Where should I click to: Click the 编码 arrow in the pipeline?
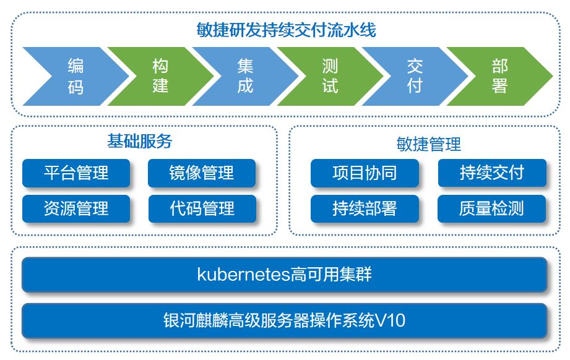[76, 76]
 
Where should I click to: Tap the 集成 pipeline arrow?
[245, 76]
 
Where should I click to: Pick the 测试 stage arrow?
[330, 76]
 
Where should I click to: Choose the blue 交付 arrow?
[415, 76]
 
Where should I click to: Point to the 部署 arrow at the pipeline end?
[499, 76]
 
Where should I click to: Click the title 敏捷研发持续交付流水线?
[286, 30]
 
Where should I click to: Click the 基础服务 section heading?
[140, 141]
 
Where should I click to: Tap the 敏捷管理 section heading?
[429, 144]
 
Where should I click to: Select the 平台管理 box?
[76, 173]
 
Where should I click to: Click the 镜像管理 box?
[202, 173]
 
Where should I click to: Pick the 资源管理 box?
[76, 208]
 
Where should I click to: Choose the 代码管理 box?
[202, 208]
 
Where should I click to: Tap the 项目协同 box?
[365, 173]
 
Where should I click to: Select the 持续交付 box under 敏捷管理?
[492, 173]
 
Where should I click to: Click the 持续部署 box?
[365, 208]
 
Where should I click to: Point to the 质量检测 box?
[491, 208]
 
